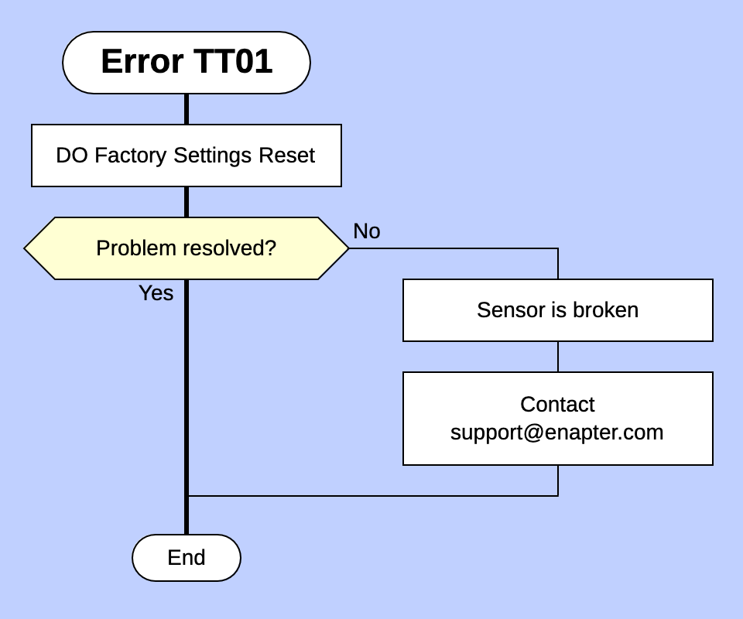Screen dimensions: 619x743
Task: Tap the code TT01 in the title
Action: click(233, 62)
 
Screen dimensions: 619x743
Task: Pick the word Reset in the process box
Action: click(286, 156)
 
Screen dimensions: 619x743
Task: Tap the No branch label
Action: click(366, 231)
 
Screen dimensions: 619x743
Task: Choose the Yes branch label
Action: click(156, 293)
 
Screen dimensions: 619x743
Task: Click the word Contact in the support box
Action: click(557, 405)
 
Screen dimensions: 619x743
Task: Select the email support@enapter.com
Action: click(557, 433)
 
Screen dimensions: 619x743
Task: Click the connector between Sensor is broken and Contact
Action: click(558, 357)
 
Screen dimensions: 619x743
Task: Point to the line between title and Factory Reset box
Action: click(187, 109)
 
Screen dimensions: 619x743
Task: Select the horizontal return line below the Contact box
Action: click(371, 496)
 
